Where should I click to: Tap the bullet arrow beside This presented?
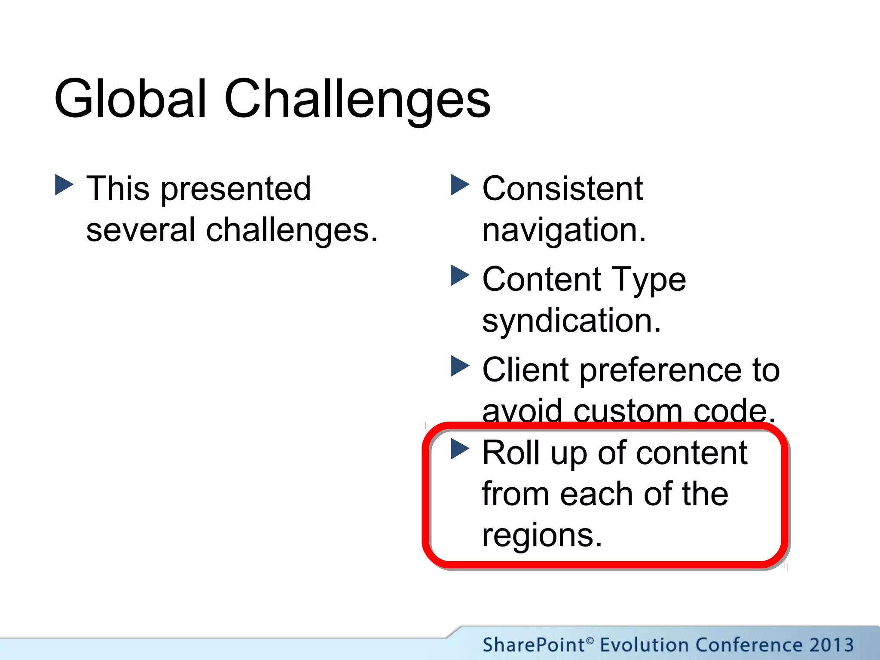pyautogui.click(x=64, y=185)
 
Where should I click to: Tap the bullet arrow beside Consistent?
pyautogui.click(x=460, y=185)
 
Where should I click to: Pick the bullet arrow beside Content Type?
pyautogui.click(x=460, y=275)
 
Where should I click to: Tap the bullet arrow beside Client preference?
pyautogui.click(x=460, y=366)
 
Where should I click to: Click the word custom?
pyautogui.click(x=627, y=411)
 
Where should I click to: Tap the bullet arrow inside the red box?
pyautogui.click(x=460, y=449)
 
